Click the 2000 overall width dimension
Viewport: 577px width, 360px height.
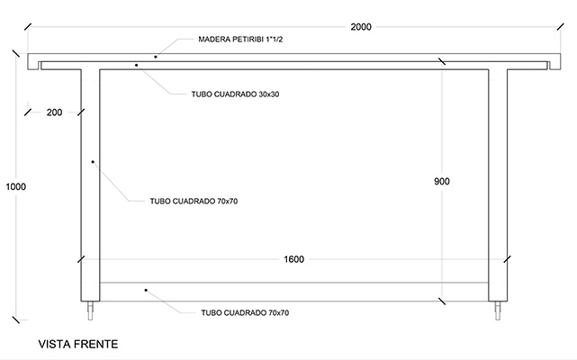coord(361,27)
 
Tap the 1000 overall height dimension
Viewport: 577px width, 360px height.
coord(16,186)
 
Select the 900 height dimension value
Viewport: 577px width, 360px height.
coord(442,181)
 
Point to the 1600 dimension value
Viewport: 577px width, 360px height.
coord(293,259)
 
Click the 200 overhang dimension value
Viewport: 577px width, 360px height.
coord(54,112)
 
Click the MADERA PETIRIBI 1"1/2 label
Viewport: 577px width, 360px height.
coord(240,40)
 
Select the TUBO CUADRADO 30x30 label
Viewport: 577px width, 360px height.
coord(235,94)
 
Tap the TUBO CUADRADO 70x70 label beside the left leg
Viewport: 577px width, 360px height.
coord(194,201)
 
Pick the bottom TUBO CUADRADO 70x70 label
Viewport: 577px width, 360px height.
coord(245,312)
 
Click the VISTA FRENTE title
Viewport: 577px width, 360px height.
coord(78,344)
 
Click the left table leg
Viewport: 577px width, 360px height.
coord(90,184)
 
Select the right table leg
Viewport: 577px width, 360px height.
coord(498,184)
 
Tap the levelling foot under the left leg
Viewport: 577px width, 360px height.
coord(90,310)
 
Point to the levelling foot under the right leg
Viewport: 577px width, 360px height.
coord(498,310)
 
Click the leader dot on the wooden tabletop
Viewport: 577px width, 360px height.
coord(156,57)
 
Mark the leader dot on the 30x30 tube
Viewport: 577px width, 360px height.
coord(136,65)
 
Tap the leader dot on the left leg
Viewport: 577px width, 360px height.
coord(93,162)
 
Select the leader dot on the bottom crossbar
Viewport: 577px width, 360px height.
coord(146,290)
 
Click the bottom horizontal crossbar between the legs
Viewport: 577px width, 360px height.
coord(294,292)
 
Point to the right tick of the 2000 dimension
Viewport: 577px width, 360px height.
coord(561,26)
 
